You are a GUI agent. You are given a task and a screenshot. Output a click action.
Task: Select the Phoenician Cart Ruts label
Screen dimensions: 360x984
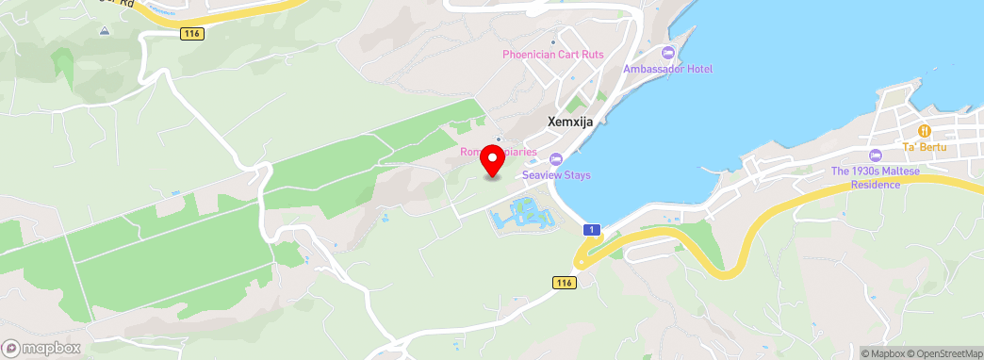(x=552, y=56)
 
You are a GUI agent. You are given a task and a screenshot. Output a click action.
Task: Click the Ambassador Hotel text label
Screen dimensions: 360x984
(x=668, y=69)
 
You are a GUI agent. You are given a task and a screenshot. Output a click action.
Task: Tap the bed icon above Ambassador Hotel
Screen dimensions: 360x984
(x=668, y=52)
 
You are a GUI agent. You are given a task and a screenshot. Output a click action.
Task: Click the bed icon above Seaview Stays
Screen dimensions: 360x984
(x=555, y=158)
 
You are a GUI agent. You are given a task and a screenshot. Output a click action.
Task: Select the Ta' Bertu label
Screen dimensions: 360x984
(x=924, y=147)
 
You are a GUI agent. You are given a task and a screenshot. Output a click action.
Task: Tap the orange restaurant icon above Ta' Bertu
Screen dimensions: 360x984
(x=925, y=130)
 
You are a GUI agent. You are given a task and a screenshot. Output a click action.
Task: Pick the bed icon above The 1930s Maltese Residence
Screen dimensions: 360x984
(x=875, y=155)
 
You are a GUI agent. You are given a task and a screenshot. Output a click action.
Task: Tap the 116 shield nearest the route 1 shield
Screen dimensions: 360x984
(x=564, y=283)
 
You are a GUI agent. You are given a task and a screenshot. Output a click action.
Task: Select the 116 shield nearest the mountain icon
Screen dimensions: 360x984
(x=192, y=33)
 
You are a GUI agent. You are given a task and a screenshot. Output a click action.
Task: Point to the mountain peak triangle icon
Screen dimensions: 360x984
(x=104, y=30)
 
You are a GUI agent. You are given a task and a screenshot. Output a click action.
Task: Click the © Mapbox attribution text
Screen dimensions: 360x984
(x=882, y=353)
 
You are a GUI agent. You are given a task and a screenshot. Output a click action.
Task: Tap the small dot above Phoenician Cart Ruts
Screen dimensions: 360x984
(x=553, y=41)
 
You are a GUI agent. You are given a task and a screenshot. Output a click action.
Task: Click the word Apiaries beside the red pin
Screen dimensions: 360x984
(x=517, y=152)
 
